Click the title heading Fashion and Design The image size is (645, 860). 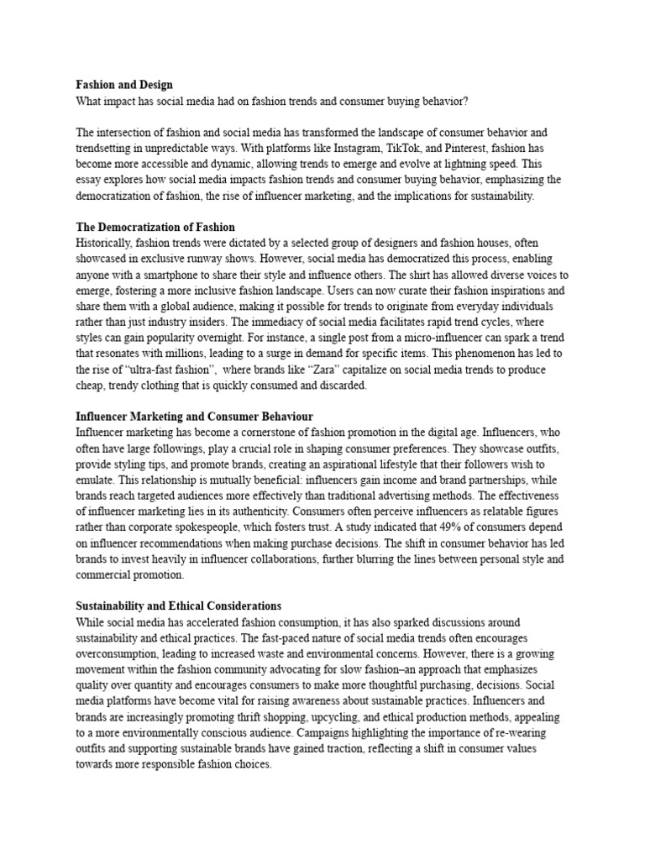124,85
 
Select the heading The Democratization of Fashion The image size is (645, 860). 155,228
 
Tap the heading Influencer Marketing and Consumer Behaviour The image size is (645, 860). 194,417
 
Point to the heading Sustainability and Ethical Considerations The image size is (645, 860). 178,606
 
